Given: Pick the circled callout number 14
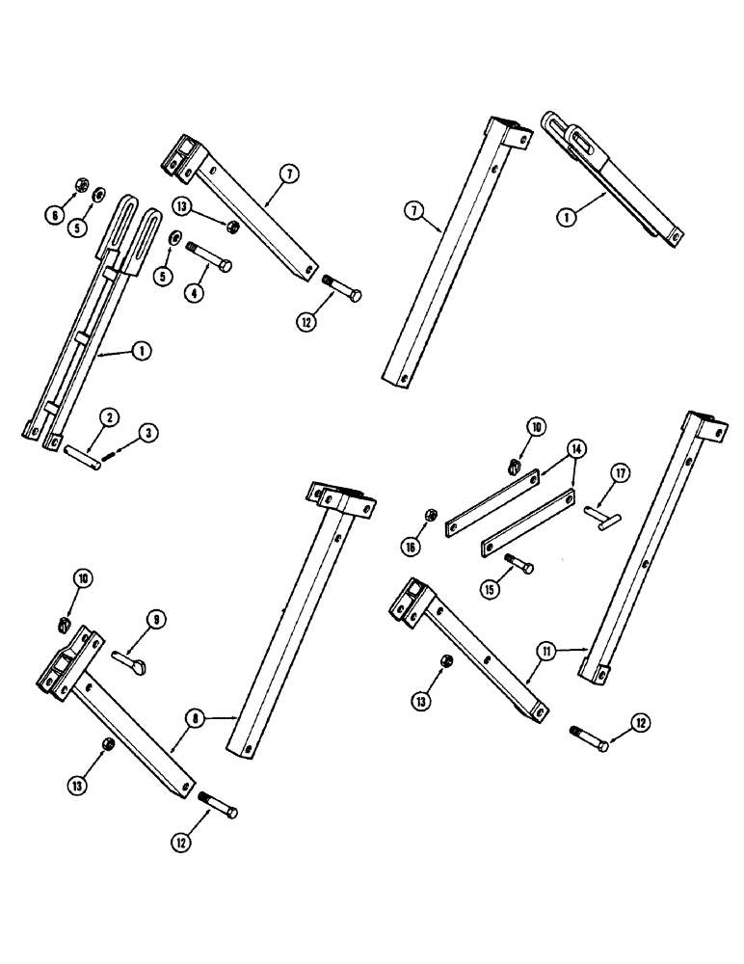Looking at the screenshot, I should (x=576, y=448).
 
